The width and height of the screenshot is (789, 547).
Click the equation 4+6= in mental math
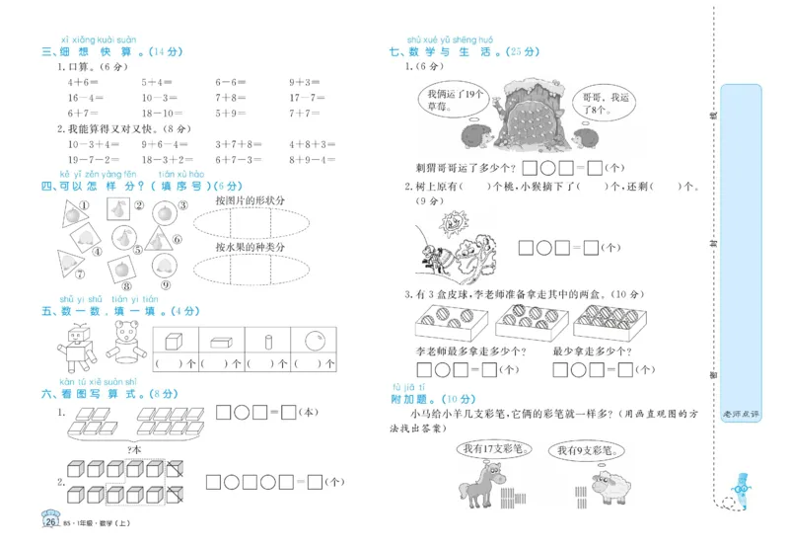tap(82, 83)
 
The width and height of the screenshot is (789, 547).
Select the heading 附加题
tap(408, 400)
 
